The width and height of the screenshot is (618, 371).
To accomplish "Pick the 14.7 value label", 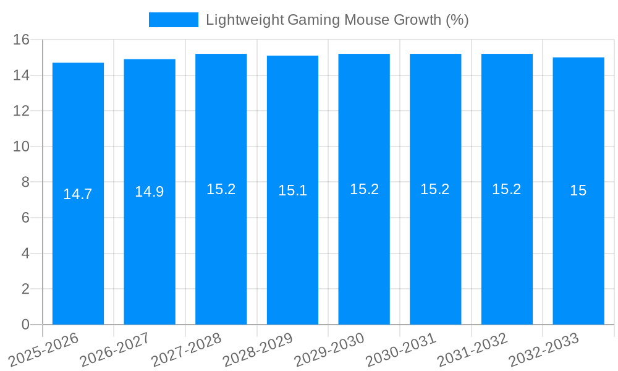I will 78,194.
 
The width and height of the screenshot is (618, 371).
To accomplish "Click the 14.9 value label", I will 150,192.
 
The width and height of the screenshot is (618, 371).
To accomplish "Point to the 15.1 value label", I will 292,190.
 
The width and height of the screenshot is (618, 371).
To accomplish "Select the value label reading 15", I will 578,190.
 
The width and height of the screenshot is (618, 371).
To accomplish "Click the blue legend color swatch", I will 173,20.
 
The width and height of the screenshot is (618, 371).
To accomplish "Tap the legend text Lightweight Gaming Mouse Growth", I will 337,20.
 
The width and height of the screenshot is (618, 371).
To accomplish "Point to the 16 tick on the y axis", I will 22,40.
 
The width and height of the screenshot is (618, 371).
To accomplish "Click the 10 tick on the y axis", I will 22,147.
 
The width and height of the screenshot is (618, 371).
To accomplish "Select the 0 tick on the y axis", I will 25,325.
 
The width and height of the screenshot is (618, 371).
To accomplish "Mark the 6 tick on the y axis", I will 25,218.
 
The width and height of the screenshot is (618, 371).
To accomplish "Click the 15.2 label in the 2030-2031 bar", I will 435,189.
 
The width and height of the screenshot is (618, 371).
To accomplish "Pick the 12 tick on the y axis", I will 22,111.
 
